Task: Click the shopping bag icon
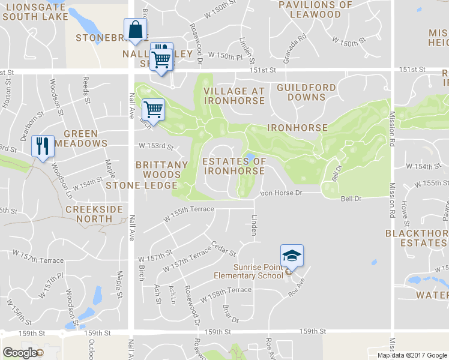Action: click(x=136, y=29)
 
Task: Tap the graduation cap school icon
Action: click(x=292, y=256)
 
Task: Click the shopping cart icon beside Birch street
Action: click(x=154, y=110)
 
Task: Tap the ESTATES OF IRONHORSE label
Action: click(x=234, y=166)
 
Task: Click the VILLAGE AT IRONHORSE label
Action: click(x=234, y=95)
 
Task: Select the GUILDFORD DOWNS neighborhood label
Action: click(x=306, y=92)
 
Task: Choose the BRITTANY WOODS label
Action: click(x=161, y=169)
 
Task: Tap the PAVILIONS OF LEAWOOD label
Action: click(x=316, y=9)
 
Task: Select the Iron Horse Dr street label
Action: click(x=280, y=193)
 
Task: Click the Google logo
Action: click(x=20, y=352)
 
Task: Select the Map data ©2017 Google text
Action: click(x=411, y=355)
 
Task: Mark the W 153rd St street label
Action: click(x=156, y=146)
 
